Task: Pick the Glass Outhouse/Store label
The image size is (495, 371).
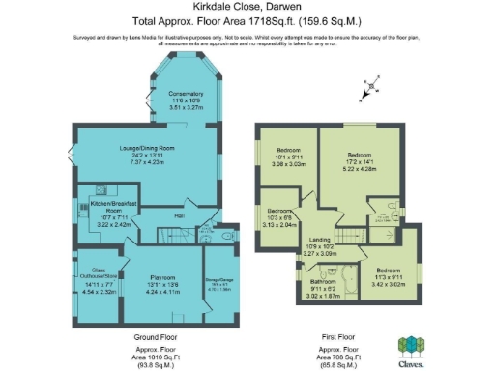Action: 99,273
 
